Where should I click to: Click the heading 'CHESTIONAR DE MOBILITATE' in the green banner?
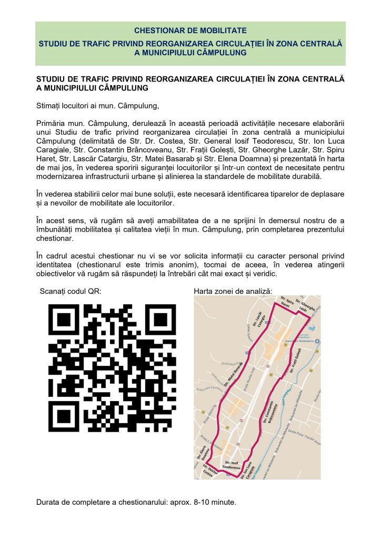coord(190,31)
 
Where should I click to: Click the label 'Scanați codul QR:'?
coord(71,291)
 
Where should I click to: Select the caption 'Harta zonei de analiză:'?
coord(233,291)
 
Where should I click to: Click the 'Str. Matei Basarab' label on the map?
coord(234,374)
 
